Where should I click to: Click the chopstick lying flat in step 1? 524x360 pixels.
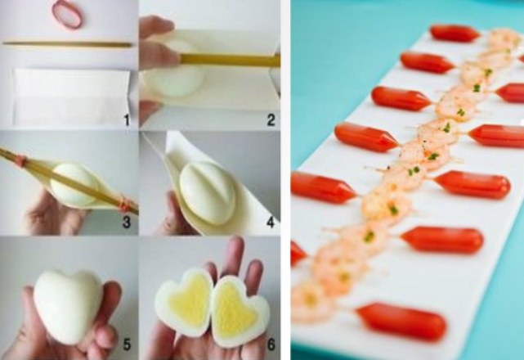(67, 44)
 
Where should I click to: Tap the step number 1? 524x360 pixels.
(127, 119)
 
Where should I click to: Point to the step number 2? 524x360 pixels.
(271, 119)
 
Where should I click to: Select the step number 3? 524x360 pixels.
(127, 223)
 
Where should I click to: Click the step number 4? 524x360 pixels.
(270, 222)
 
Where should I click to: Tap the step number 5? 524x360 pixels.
(127, 344)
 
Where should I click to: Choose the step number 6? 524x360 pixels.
(271, 344)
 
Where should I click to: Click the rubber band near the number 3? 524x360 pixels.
(124, 203)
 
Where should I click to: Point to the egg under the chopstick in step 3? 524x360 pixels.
(74, 184)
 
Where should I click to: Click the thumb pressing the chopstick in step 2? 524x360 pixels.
(159, 54)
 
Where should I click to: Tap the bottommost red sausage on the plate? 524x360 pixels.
(401, 322)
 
